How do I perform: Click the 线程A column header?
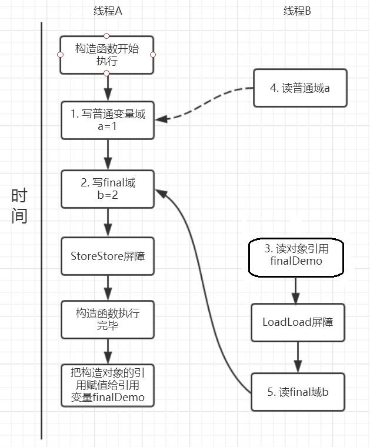coord(108,11)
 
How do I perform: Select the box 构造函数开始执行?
coord(107,55)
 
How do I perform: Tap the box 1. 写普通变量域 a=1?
coord(108,121)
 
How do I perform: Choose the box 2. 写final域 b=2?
coord(108,188)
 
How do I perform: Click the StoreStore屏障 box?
coord(108,256)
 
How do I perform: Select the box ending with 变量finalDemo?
coord(108,385)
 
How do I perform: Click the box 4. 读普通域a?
coord(300,88)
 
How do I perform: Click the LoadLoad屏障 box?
coord(298,322)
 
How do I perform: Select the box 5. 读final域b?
coord(298,391)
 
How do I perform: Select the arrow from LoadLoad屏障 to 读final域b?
coord(298,356)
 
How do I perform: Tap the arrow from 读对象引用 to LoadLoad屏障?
coord(296,289)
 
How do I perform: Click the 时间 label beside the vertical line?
coord(19,206)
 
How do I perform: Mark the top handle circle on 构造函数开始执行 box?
coord(106,36)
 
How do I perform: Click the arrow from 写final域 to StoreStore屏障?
coord(108,222)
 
